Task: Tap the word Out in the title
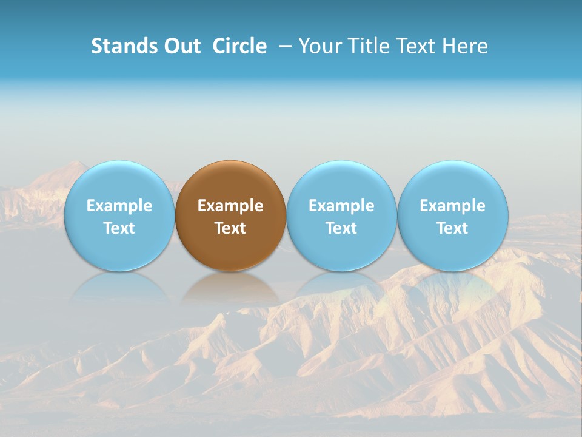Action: (181, 46)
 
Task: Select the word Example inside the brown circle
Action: (230, 206)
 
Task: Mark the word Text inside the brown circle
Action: (230, 228)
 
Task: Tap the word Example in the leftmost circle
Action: (119, 206)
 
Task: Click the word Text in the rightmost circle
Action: (453, 228)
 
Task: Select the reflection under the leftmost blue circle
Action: (119, 288)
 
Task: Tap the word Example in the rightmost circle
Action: (453, 206)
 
